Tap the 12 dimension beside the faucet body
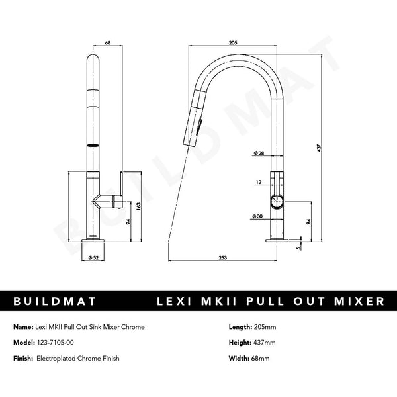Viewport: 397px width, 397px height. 258,181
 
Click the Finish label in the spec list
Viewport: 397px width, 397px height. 24,359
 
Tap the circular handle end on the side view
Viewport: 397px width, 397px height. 277,202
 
